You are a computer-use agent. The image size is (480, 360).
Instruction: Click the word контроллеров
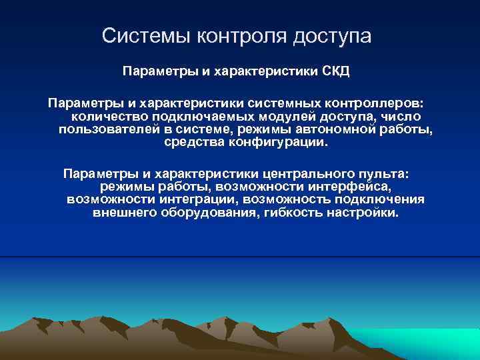click(376, 104)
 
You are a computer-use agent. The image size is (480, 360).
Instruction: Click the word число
click(403, 117)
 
